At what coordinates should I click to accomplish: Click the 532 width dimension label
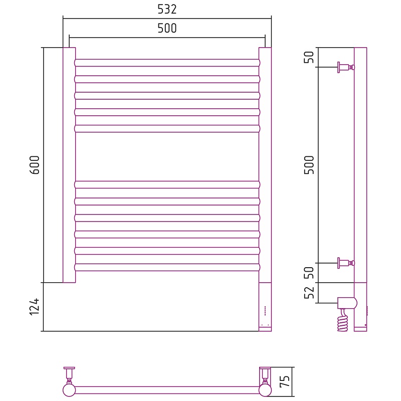pos(167,9)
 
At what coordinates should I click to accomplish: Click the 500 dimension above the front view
pos(167,28)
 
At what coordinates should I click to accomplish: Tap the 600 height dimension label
pos(35,165)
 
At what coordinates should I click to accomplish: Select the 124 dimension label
pos(35,307)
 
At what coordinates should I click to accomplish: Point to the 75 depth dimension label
pos(285,381)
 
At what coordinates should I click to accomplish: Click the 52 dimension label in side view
pos(309,293)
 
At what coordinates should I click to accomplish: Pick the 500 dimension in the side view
pos(309,165)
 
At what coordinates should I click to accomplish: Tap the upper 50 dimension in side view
pos(309,57)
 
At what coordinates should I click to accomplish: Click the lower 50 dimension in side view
pos(309,273)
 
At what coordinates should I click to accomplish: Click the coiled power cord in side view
pos(343,321)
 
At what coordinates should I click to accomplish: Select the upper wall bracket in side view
pos(346,67)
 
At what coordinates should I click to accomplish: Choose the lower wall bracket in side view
pos(346,263)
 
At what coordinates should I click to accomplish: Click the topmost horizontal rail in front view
pos(167,63)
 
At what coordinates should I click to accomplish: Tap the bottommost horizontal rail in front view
pos(167,268)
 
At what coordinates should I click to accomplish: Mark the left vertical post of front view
pos(69,165)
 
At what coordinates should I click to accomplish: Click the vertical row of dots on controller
pos(265,310)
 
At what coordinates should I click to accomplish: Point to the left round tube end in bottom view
pos(69,390)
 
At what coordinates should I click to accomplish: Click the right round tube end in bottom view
pos(265,390)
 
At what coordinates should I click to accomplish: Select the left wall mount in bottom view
pos(69,375)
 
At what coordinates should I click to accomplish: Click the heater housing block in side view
pos(347,303)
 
